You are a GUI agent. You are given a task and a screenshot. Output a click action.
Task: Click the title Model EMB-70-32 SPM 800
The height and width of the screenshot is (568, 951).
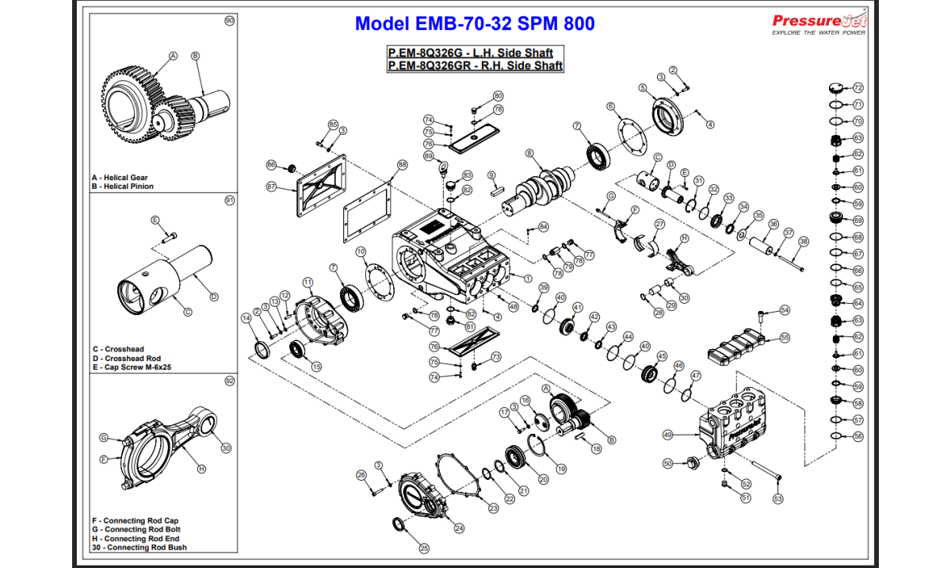click(x=475, y=24)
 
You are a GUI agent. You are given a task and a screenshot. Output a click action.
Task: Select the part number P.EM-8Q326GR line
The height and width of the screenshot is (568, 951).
click(x=475, y=66)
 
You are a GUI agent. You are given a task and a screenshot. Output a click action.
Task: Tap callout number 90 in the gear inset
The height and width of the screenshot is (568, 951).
click(x=230, y=21)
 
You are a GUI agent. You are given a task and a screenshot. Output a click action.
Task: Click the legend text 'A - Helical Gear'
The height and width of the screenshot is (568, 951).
click(x=120, y=178)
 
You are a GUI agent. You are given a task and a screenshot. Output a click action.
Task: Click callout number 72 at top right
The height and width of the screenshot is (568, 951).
click(x=857, y=88)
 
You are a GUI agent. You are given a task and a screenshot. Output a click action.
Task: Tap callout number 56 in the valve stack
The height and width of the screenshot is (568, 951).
click(x=857, y=436)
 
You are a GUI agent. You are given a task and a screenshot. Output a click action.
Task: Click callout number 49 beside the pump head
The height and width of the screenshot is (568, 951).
click(x=667, y=435)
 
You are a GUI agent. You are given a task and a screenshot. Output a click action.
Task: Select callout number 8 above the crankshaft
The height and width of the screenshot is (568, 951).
click(x=529, y=154)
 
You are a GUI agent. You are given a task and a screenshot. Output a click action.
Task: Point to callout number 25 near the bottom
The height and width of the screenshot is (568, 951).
click(x=424, y=547)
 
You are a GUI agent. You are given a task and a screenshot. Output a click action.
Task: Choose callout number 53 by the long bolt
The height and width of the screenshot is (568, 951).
click(x=777, y=499)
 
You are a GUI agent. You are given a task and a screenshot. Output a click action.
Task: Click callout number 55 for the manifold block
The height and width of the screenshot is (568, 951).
click(x=785, y=337)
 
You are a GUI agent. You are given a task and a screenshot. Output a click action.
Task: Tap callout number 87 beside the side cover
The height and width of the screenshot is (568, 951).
click(x=271, y=187)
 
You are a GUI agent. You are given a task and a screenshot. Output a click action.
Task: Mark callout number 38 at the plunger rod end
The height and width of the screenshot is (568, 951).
click(x=804, y=241)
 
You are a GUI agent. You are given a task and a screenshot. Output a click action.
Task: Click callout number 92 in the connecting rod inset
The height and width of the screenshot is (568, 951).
click(x=230, y=381)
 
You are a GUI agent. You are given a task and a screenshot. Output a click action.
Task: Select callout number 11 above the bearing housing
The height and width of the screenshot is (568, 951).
click(x=307, y=282)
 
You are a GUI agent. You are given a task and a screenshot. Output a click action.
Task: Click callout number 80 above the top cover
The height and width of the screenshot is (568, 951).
click(x=498, y=95)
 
